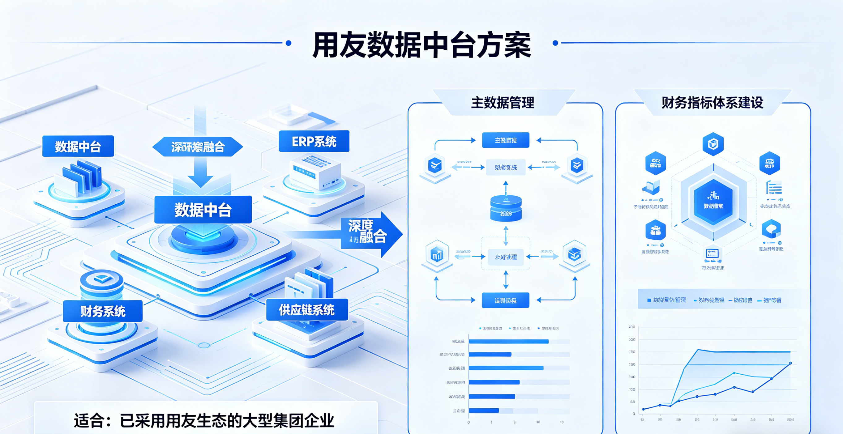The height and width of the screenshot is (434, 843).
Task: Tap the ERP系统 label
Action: [314, 141]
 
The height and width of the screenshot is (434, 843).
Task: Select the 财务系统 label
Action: [103, 311]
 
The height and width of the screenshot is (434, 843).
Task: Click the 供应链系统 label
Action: [307, 310]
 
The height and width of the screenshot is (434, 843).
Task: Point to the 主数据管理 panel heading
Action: [503, 103]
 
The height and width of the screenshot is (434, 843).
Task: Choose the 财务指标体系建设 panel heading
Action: [712, 103]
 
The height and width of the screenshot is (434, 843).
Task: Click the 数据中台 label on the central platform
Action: [203, 210]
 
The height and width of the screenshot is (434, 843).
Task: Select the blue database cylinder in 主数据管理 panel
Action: [506, 208]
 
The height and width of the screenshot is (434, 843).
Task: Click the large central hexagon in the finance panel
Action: [713, 202]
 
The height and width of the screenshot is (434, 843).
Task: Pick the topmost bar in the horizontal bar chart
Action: [508, 342]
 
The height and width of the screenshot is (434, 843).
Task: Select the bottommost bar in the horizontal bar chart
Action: [484, 411]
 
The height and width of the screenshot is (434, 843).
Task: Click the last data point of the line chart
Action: [791, 363]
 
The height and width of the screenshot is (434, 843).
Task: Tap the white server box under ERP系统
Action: [315, 172]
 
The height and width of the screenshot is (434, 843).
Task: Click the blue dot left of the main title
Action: [288, 43]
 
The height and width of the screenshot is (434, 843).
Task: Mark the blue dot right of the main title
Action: [555, 43]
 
